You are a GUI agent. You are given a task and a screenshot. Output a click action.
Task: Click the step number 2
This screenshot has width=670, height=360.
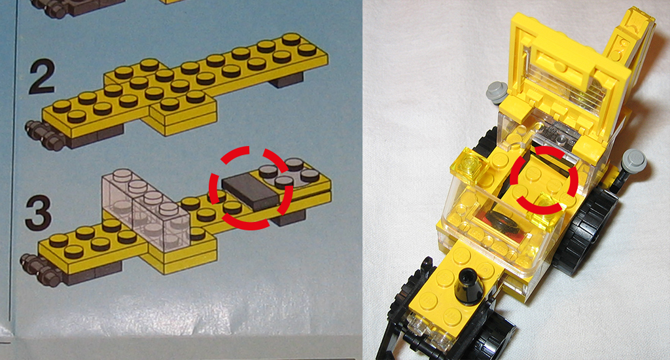coord(42,77)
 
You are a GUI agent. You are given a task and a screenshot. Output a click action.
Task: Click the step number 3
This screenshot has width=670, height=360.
coord(39,213)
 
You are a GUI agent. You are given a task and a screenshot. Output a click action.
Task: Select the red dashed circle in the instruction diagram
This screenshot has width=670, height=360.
coord(251,188)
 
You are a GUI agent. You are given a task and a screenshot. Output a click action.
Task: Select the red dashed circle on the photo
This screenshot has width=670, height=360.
coord(545,179)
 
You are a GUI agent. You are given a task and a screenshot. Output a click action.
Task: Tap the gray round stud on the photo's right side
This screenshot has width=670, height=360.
coord(635,161)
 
